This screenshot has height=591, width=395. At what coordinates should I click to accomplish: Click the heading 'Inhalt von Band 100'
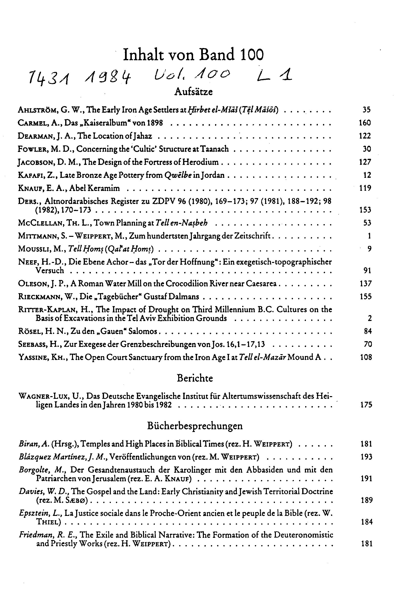pos(193,55)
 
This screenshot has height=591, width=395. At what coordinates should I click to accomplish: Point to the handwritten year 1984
pos(108,76)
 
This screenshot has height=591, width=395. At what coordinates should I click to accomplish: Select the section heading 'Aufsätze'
pos(193,92)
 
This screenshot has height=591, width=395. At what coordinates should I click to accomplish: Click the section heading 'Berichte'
pos(195,378)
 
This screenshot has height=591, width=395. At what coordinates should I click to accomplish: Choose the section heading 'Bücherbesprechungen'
pos(195,426)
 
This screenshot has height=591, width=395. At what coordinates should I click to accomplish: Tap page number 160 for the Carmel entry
pos(364,123)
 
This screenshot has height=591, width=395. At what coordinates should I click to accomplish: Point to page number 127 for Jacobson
pos(365,162)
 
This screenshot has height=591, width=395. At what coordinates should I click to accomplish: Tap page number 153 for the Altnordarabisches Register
pos(365,210)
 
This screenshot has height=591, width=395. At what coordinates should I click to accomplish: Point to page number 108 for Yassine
pos(366,357)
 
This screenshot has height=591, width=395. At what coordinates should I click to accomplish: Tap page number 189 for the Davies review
pos(366,500)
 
